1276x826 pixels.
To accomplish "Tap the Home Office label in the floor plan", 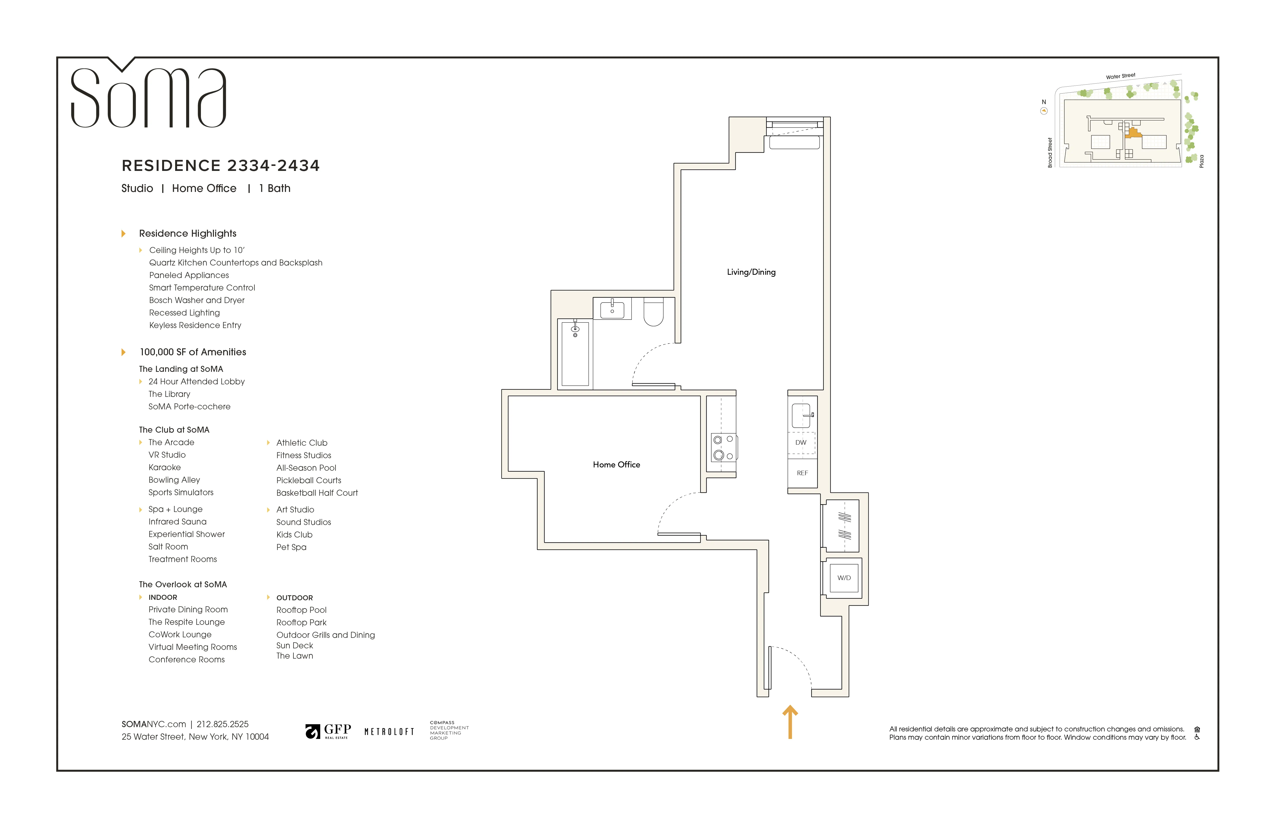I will point(616,464).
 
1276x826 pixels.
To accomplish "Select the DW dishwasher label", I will point(800,442).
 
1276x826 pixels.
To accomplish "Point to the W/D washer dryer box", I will point(844,578).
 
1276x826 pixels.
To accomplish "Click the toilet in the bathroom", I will point(653,312).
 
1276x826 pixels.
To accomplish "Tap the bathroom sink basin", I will point(612,310).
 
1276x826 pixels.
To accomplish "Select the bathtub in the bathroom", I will point(575,354).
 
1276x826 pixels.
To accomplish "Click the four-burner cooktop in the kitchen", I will point(723,447).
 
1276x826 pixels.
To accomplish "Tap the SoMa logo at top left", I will point(149,97).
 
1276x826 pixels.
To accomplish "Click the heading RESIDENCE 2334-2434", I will point(220,166).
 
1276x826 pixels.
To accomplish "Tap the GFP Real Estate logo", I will point(328,731).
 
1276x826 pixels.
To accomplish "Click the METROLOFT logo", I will point(389,732).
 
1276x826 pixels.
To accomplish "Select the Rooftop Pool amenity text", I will point(301,610).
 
